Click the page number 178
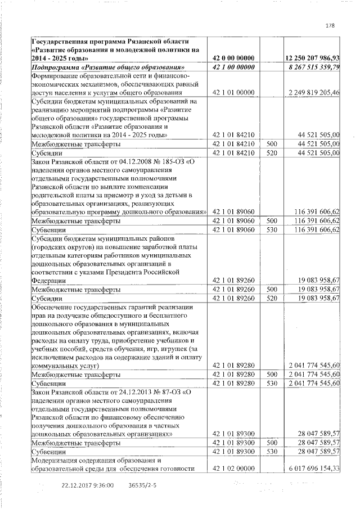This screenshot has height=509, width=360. [330, 25]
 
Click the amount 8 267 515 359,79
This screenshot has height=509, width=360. [314, 67]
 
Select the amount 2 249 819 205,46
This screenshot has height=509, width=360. [313, 92]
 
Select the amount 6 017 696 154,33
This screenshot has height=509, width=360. [313, 469]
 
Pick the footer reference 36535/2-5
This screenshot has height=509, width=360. [142, 485]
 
